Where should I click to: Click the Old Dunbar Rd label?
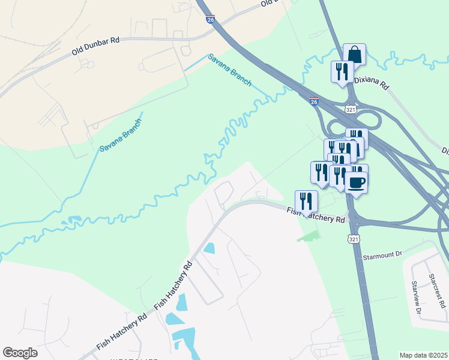(x=96, y=46)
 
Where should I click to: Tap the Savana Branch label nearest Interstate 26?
(x=229, y=70)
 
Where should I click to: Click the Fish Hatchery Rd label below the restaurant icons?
(x=316, y=215)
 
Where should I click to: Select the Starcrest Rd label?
(x=436, y=292)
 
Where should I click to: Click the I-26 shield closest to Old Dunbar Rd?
(x=210, y=19)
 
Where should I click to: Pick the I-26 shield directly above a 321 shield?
(x=314, y=101)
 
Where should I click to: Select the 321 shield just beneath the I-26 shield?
(x=351, y=110)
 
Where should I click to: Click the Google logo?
(x=20, y=353)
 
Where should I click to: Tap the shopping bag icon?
(x=354, y=54)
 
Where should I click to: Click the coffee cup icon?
(x=356, y=182)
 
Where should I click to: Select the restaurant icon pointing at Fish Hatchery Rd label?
(x=306, y=201)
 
